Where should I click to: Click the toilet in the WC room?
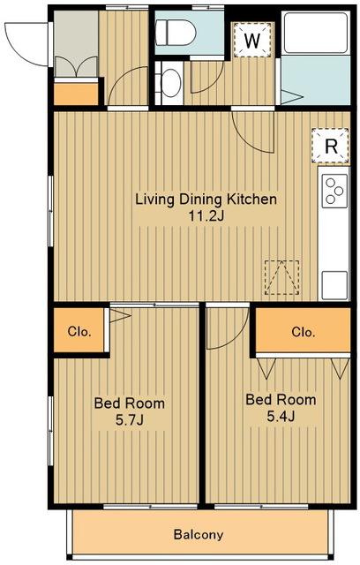coord(176,33)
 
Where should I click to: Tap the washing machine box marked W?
coord(252,40)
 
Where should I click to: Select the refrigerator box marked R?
coord(331,146)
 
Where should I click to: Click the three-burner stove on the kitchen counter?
coord(334,191)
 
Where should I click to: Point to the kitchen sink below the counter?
coord(334,285)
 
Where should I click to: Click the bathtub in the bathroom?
coord(316,34)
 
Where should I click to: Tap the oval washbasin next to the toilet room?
coord(171,83)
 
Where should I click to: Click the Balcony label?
coord(199,534)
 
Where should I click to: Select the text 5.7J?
coord(130,420)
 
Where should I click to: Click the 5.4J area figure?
coord(281,417)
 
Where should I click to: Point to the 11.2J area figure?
coord(206,216)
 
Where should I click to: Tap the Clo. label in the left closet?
coord(79,331)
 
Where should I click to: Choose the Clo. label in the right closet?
coord(304,332)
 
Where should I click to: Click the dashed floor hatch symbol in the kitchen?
coord(282,277)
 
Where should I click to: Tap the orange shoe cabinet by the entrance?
coord(76,94)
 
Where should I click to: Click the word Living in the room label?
coord(155,200)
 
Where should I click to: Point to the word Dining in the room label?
coord(201,200)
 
